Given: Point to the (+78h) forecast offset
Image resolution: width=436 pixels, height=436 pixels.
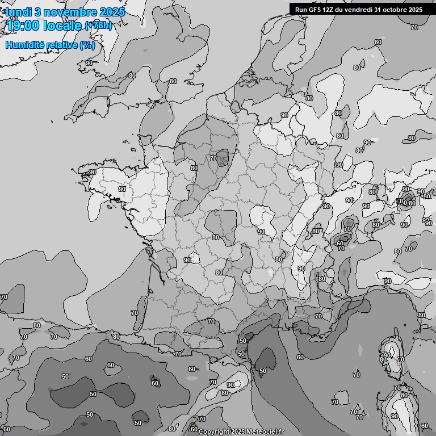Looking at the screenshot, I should click(98, 25).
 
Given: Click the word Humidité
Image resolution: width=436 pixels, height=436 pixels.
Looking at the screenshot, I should click(23, 45).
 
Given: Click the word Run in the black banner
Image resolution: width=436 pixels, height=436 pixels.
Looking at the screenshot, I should click(301, 9).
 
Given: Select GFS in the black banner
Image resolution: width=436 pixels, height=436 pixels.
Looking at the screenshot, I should click(315, 9).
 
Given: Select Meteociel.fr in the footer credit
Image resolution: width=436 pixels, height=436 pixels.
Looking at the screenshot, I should click(265, 431).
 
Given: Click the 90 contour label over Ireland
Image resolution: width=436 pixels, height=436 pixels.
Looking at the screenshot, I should click(89, 63).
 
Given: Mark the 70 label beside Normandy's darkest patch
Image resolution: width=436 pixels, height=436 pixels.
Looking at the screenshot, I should click(213, 158).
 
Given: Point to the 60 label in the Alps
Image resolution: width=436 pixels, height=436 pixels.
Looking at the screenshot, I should click(340, 244).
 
